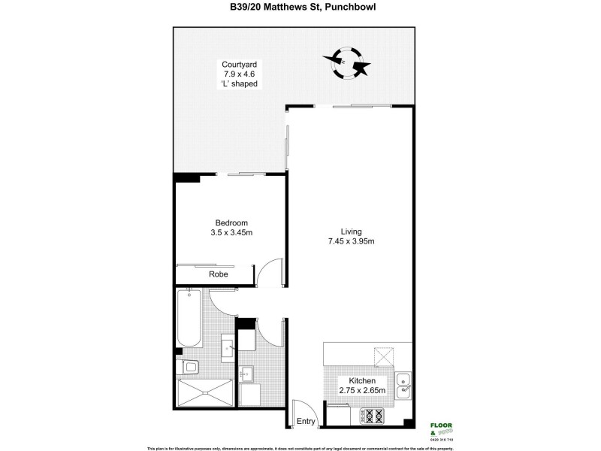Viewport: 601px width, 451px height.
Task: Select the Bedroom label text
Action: [231, 222]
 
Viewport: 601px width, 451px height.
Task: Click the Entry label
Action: [306, 421]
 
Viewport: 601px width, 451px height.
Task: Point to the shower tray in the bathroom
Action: [204, 392]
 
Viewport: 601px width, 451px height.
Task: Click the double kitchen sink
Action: [404, 383]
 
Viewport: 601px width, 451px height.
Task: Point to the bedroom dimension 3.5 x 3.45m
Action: [231, 233]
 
